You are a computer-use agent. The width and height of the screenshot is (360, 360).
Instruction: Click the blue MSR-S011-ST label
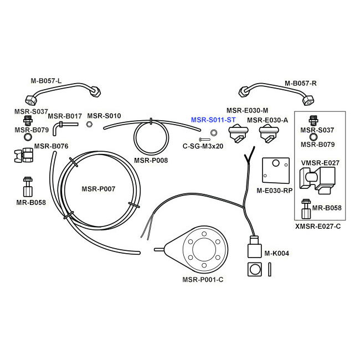coord(213,120)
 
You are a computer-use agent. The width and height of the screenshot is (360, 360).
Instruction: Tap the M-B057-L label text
coord(46,81)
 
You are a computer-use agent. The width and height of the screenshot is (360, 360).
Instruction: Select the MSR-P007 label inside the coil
coord(99,189)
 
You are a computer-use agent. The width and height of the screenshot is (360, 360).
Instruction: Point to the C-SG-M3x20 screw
coord(204,140)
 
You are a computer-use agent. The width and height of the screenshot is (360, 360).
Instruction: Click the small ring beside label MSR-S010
coord(89,125)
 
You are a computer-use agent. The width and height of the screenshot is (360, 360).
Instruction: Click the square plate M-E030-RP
coord(276,171)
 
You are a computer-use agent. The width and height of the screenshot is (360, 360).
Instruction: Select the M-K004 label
coord(277,254)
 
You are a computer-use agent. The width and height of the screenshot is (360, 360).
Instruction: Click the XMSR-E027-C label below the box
coord(318,227)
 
